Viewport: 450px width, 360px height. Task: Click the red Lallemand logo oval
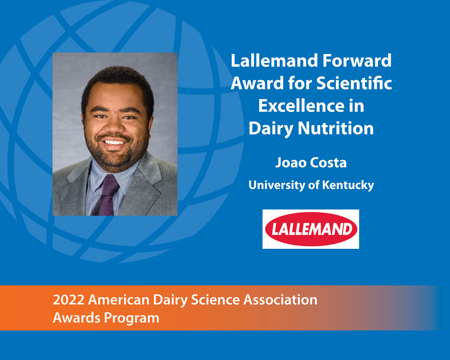[311, 229]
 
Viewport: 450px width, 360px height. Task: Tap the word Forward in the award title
[357, 61]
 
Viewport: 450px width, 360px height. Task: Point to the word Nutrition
[336, 128]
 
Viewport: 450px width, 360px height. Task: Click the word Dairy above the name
[271, 129]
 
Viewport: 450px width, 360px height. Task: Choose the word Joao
[287, 162]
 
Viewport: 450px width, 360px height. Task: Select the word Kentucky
[348, 185]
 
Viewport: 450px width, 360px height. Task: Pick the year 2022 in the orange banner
[68, 300]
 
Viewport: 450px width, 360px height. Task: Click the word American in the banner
[119, 300]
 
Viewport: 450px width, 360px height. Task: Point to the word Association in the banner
[280, 300]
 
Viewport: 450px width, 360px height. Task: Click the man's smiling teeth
[114, 142]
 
